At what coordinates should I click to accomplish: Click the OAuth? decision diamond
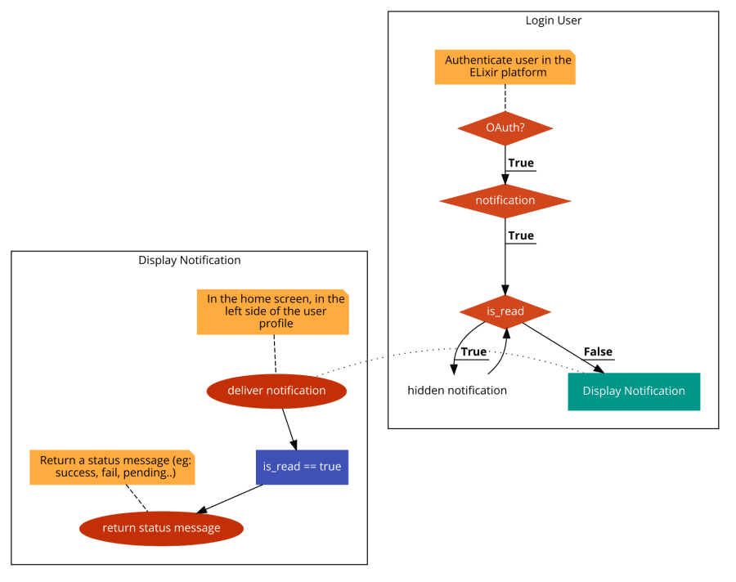(505, 128)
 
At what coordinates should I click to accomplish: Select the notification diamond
(505, 200)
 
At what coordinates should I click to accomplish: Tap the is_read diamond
(505, 311)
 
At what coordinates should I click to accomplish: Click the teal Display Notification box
(634, 391)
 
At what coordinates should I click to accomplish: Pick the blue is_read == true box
(302, 467)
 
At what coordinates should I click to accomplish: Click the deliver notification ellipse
(276, 391)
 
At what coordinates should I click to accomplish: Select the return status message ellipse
(161, 528)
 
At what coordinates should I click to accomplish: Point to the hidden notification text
(457, 391)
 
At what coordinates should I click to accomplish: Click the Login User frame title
(553, 20)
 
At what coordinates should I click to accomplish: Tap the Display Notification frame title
(189, 261)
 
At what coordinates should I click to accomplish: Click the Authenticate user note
(504, 66)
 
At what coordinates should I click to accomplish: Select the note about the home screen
(272, 311)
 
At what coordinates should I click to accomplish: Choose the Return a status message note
(112, 467)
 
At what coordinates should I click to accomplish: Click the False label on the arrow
(598, 352)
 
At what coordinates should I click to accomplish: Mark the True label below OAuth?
(521, 163)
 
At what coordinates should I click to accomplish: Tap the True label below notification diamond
(521, 236)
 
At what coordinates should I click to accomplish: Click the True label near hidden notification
(474, 352)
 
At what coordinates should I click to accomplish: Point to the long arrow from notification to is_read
(505, 262)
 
